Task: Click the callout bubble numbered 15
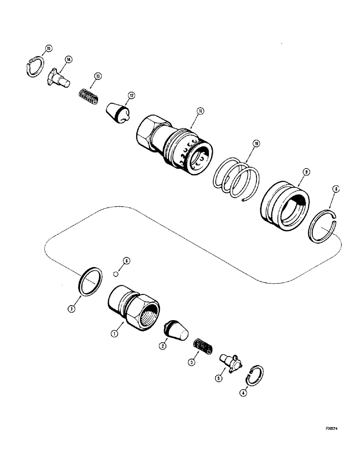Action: [x=49, y=48]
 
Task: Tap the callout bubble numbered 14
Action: [x=69, y=59]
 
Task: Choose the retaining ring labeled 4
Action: [x=255, y=376]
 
